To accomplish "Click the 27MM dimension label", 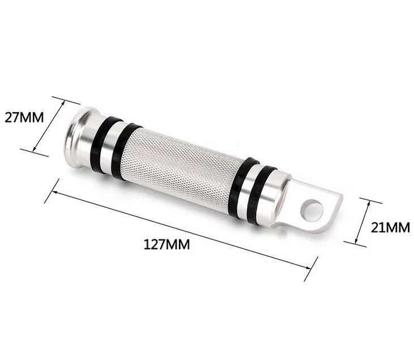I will (24, 118).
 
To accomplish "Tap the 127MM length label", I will (167, 244).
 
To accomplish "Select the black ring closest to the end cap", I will (102, 145).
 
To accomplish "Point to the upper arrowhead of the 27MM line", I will (62, 103).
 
